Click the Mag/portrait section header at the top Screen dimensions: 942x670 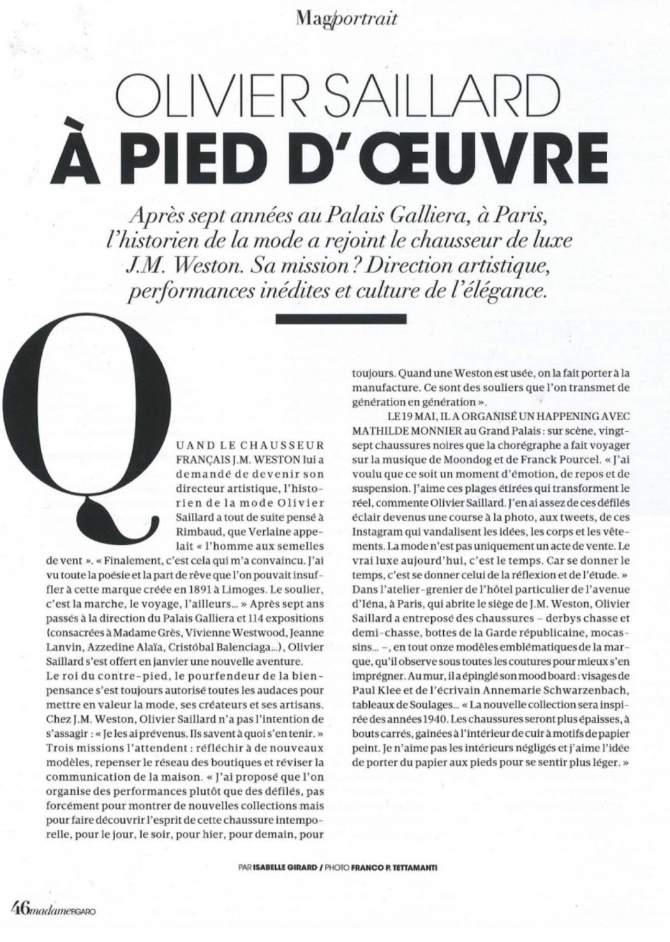coord(346,18)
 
